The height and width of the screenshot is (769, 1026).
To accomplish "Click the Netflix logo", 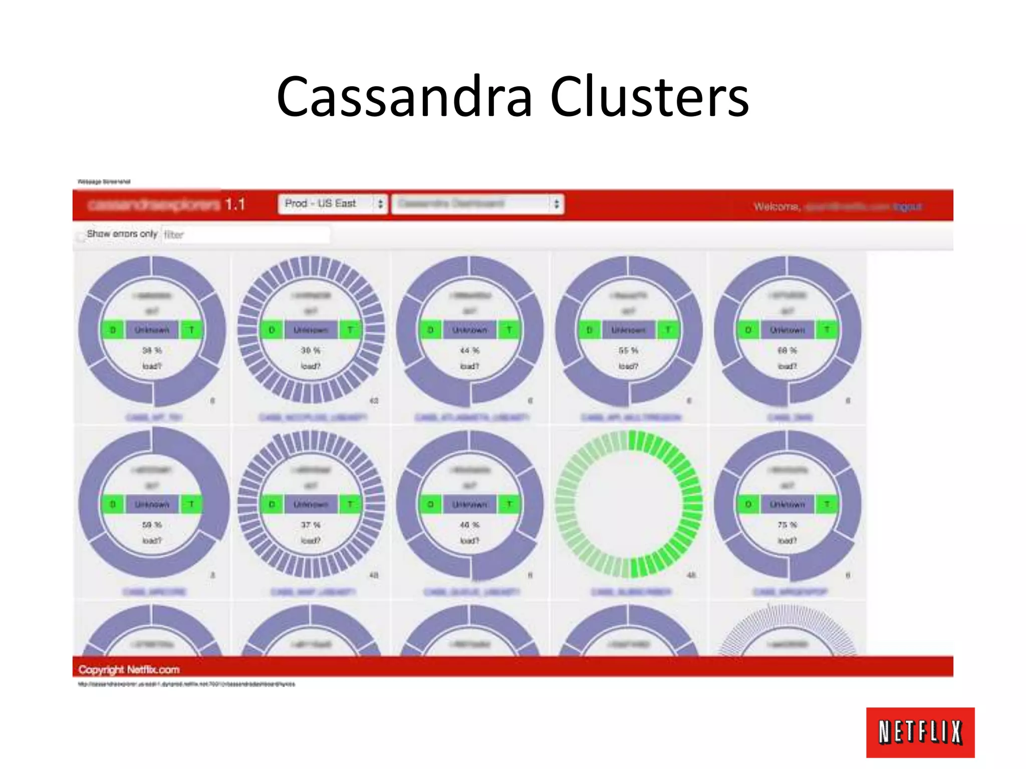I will (920, 732).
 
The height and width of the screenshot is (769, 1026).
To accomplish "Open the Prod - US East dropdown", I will (333, 204).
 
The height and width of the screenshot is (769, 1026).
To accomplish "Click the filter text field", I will (245, 234).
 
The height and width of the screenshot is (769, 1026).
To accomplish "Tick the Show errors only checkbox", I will (81, 236).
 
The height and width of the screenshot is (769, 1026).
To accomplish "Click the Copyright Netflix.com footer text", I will (129, 670).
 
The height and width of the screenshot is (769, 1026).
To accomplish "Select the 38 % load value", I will (152, 350).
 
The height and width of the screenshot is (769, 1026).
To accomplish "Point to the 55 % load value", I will (628, 350).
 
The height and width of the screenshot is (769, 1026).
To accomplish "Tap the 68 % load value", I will (787, 350).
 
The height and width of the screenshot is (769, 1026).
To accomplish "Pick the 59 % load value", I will (152, 525).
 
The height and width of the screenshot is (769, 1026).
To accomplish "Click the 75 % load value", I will (787, 525).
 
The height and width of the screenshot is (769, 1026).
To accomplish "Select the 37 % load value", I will (311, 525).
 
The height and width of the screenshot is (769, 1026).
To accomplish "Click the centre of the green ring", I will (628, 505).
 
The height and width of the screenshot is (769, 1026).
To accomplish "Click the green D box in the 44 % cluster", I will (430, 330).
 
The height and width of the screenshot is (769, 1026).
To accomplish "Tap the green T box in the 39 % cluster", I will (350, 330).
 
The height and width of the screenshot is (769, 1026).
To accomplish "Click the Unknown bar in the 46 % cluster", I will (469, 505).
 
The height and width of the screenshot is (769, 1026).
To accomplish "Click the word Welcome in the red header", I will (776, 206).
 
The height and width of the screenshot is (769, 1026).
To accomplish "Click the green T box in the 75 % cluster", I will (827, 505).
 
